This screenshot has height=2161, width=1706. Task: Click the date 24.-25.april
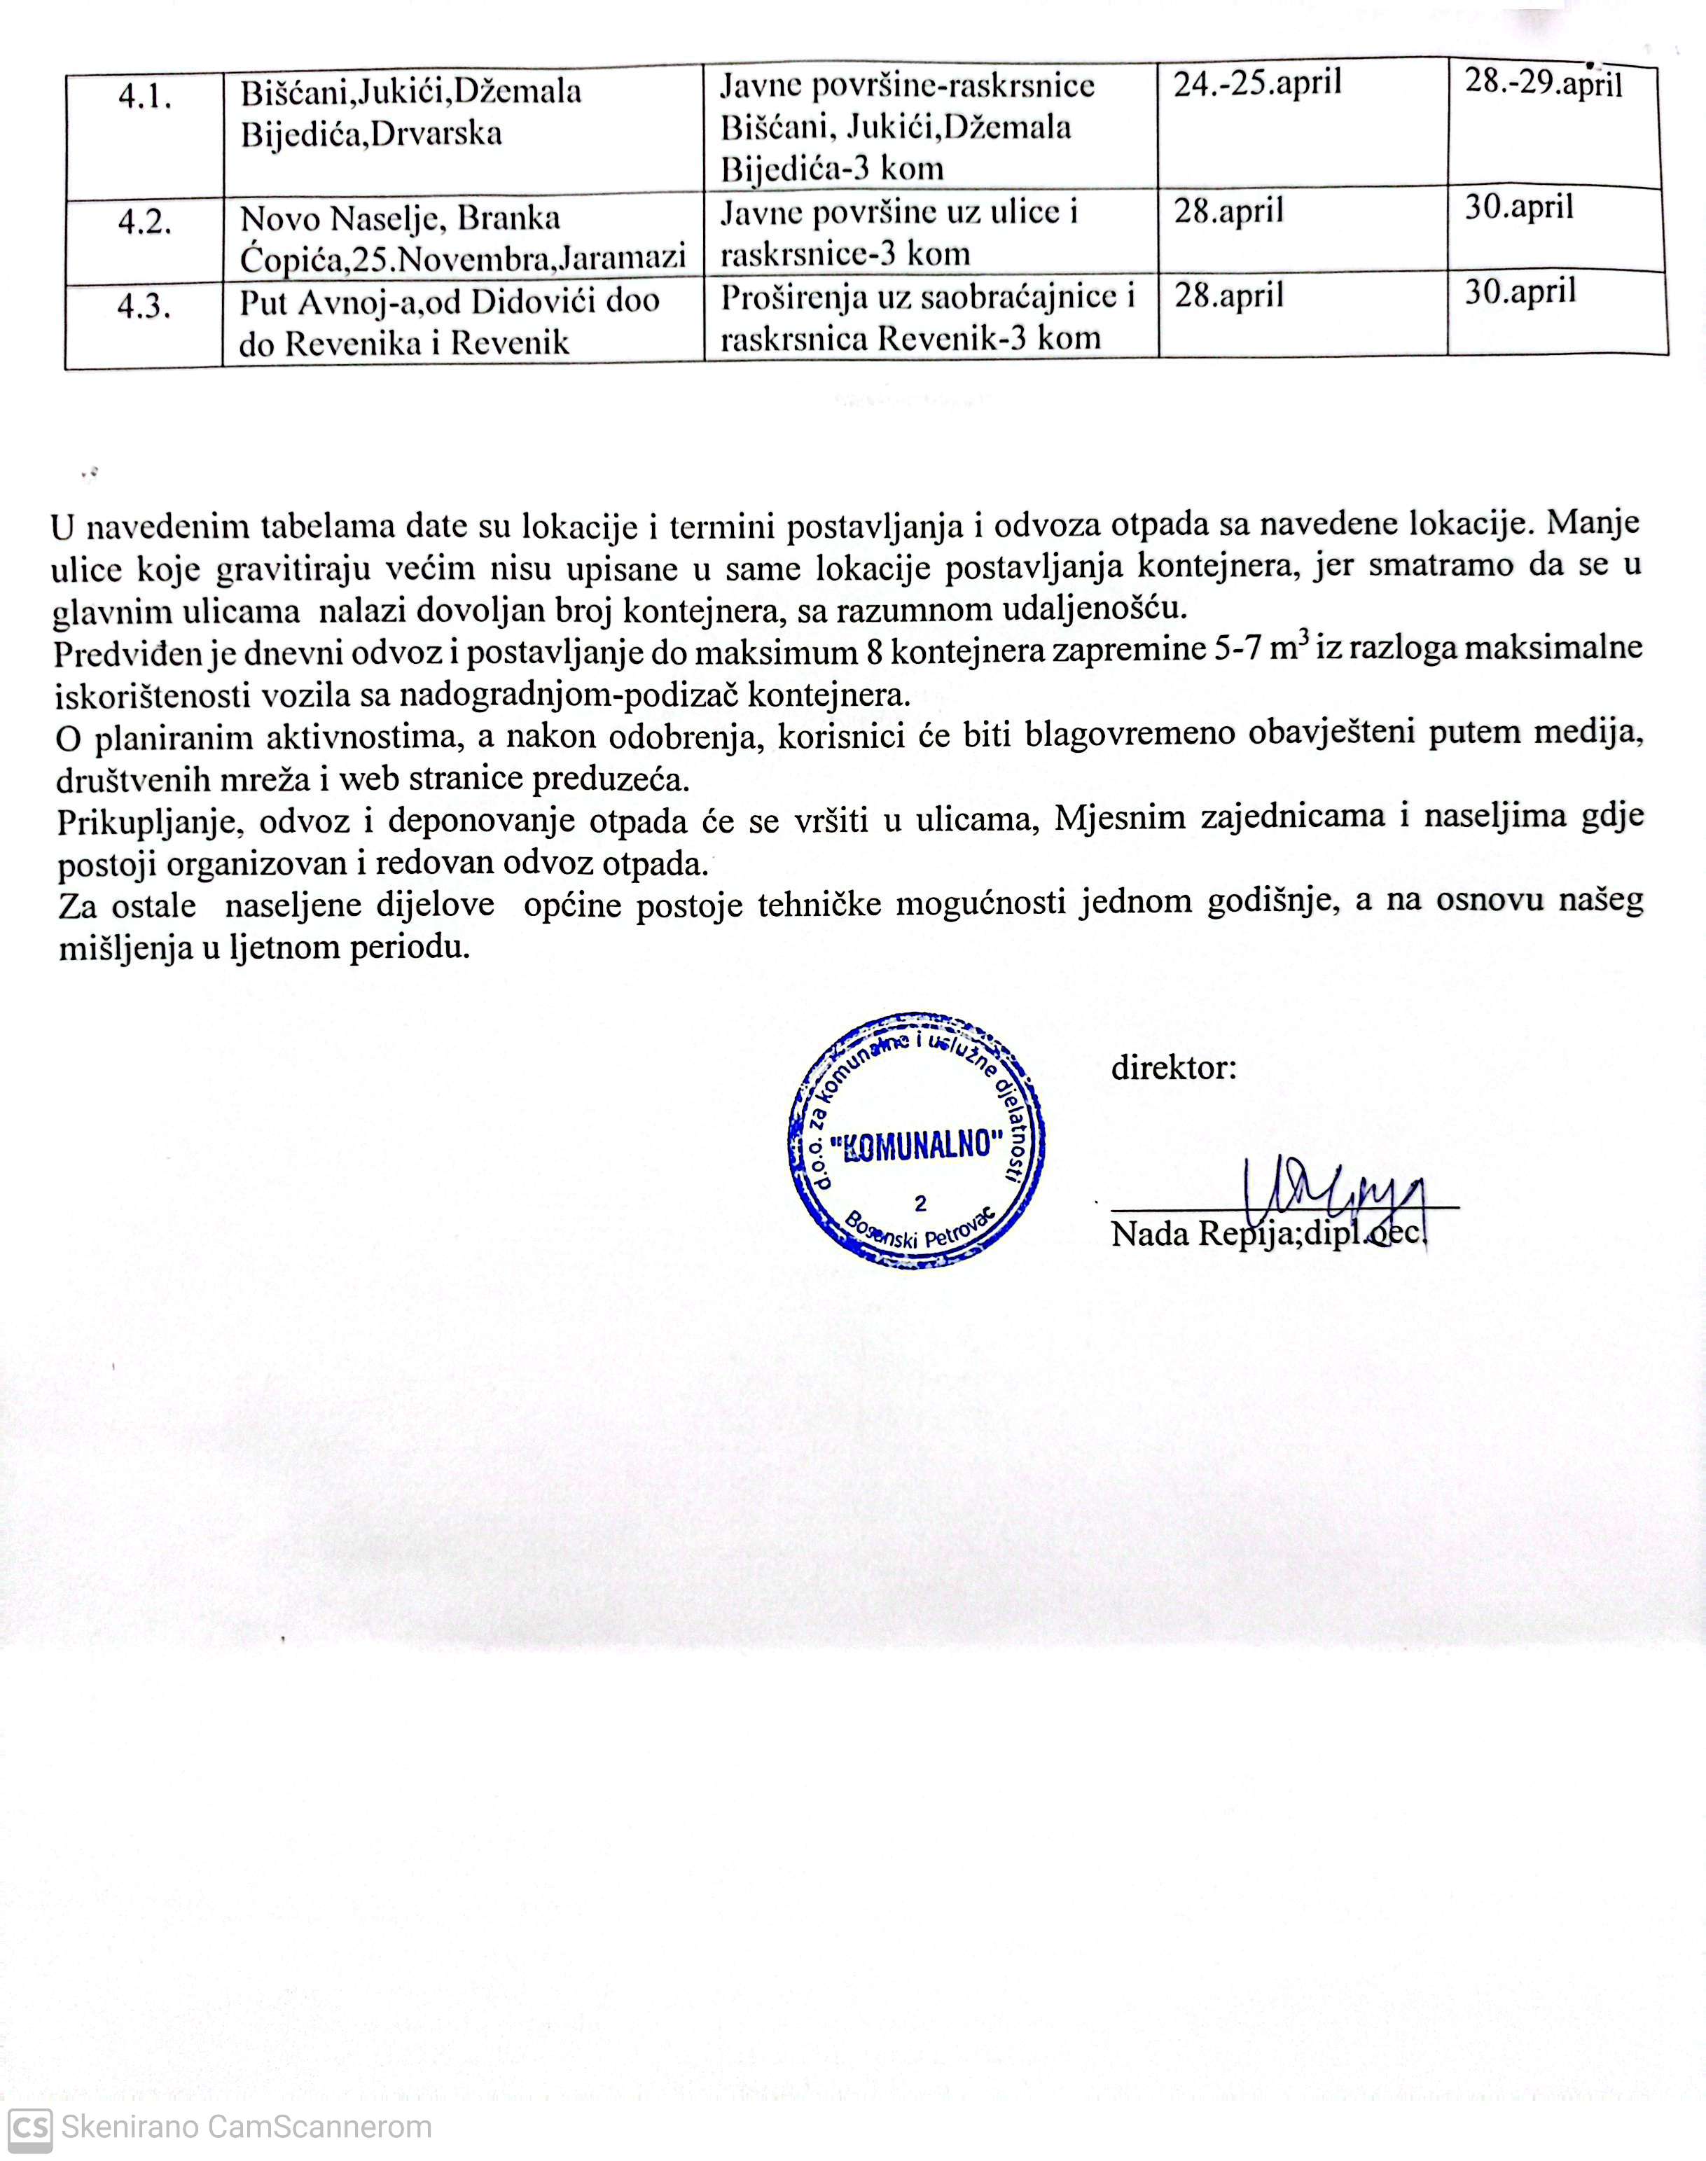point(1256,83)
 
